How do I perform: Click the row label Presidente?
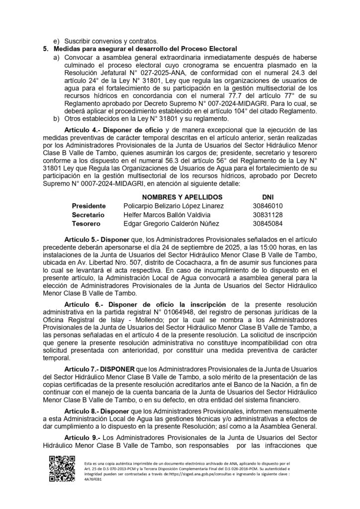[89, 206]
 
